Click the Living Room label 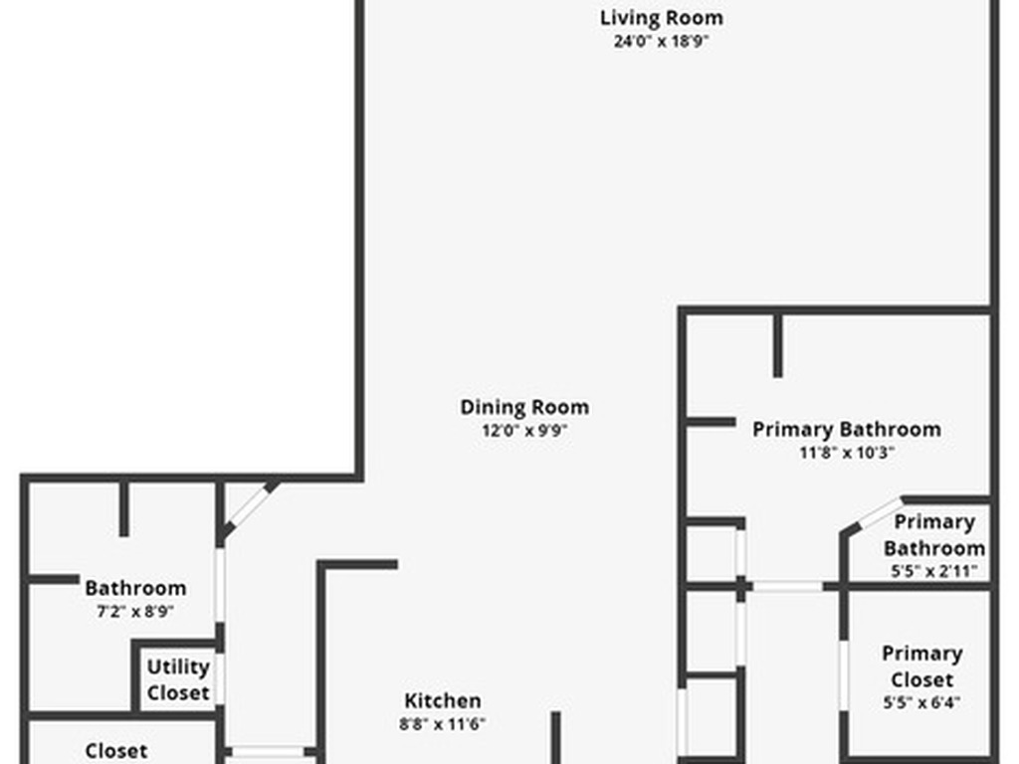(x=661, y=18)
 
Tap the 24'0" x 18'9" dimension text (x=661, y=42)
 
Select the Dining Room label (x=524, y=407)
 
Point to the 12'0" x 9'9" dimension (x=524, y=431)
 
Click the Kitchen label (x=443, y=700)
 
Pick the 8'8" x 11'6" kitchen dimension (x=443, y=724)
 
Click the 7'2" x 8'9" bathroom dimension (x=135, y=612)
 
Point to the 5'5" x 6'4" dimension (x=921, y=702)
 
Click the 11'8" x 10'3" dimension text (x=846, y=453)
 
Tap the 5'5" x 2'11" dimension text (x=933, y=571)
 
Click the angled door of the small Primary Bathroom (x=873, y=515)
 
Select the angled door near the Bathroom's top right (x=247, y=509)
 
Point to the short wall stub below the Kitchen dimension (x=556, y=737)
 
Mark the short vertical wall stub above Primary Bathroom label (x=777, y=345)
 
